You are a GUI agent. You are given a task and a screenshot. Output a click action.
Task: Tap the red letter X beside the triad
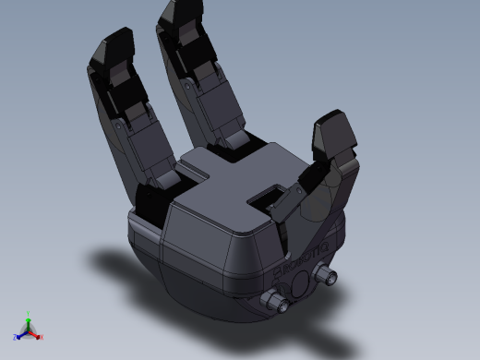42,337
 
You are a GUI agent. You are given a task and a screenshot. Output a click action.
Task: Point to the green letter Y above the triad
28,312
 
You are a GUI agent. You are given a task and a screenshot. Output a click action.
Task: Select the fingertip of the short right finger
334,132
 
